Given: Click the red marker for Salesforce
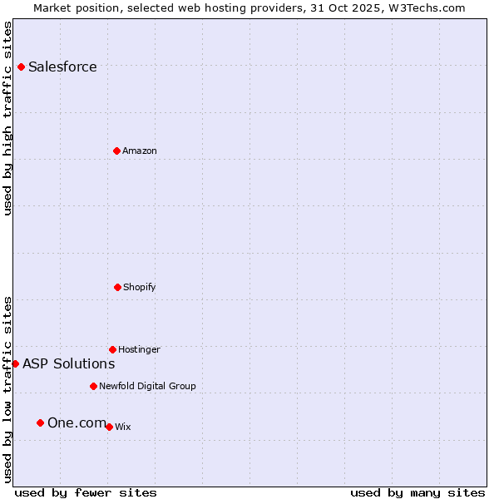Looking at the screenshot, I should [x=21, y=67].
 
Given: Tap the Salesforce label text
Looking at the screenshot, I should [x=62, y=67].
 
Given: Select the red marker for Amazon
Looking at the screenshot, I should [x=116, y=151].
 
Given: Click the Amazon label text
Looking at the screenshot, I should [x=139, y=151].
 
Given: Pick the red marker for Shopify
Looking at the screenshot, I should [x=117, y=287].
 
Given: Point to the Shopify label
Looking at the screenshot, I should [x=139, y=288].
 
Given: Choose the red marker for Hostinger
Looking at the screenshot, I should [x=112, y=349].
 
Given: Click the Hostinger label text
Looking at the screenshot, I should [x=139, y=350].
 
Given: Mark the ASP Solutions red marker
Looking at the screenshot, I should [x=15, y=363].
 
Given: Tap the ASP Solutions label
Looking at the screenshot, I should [x=68, y=364].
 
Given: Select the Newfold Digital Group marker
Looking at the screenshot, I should [x=93, y=386].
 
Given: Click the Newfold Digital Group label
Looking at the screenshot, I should [x=147, y=387].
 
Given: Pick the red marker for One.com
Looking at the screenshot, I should [x=40, y=422].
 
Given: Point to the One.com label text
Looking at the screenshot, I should [x=77, y=423].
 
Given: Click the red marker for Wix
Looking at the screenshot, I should [x=109, y=427].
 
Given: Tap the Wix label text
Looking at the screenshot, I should [x=122, y=427].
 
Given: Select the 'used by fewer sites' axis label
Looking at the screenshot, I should [x=86, y=492].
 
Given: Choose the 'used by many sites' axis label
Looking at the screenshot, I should [x=417, y=492].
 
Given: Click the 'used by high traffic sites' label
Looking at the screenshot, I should [x=7, y=118].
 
